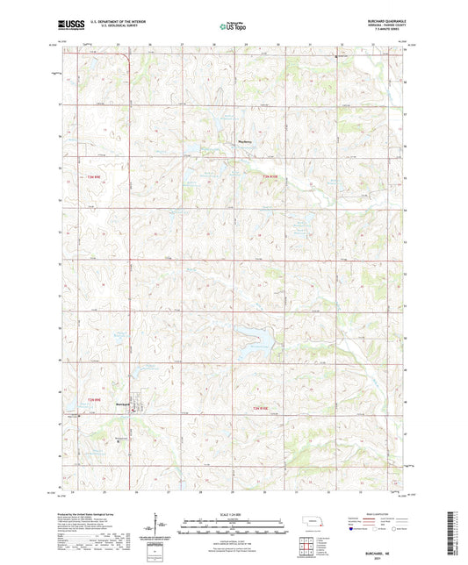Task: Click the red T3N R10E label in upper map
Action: pos(276,178)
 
